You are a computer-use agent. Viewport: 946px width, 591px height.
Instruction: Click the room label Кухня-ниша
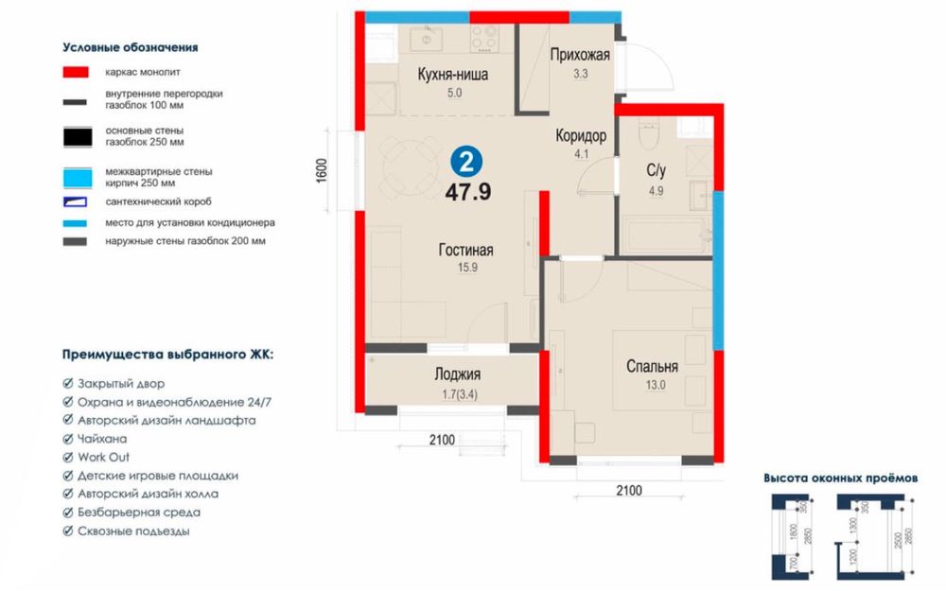[x=453, y=74]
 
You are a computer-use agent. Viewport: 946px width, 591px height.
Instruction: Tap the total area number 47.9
[x=468, y=192]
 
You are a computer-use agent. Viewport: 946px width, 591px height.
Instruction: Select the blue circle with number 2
[x=466, y=162]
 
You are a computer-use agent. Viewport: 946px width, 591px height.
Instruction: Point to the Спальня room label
[x=652, y=366]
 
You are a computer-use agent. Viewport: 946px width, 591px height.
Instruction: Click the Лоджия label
[x=457, y=374]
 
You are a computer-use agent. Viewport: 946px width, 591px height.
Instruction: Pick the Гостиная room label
[x=465, y=250]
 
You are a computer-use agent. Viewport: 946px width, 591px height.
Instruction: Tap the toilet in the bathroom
[x=649, y=133]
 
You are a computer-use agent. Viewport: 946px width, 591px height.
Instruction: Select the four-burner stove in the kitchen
[x=484, y=38]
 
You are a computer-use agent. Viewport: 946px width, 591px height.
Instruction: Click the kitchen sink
[x=427, y=39]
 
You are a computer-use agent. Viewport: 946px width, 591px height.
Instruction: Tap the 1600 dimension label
[x=321, y=170]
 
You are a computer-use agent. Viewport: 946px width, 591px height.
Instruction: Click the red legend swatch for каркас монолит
[x=76, y=73]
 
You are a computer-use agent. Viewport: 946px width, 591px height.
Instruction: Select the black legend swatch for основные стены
[x=78, y=137]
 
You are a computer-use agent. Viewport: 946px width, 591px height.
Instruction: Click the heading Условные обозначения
[x=131, y=47]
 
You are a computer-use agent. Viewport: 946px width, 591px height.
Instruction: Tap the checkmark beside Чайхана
[x=68, y=439]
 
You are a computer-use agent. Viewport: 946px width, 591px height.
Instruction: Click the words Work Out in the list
[x=103, y=457]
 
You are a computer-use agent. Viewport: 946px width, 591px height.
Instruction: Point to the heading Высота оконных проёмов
[x=840, y=478]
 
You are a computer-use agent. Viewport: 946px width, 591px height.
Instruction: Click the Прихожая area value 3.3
[x=581, y=74]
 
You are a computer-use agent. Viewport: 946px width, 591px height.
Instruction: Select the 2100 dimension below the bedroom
[x=629, y=490]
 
